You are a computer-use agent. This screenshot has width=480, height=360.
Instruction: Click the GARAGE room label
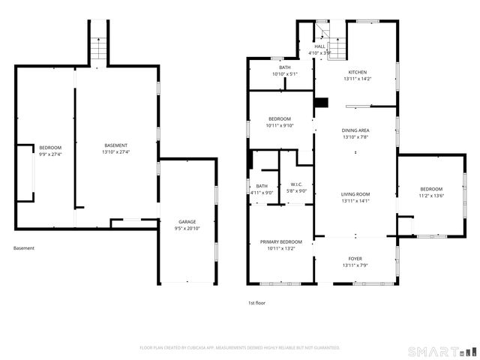pos(187,222)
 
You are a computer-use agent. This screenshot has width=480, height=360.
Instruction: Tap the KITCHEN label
pos(356,72)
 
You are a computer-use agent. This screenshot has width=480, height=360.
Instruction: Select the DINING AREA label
pos(355,130)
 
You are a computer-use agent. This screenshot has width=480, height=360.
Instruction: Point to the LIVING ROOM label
pos(355,195)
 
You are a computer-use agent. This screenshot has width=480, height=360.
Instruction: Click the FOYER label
pos(355,259)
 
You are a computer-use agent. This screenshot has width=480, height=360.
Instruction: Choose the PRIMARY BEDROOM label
pos(280,241)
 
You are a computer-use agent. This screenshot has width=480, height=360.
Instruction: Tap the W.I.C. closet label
pos(296,184)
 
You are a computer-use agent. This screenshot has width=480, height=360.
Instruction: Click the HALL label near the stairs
pos(320,46)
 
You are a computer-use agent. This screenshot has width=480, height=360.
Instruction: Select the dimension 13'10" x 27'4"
pos(115,152)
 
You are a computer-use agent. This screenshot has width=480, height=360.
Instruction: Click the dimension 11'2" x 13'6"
pos(431,196)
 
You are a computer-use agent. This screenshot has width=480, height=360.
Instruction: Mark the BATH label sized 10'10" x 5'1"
pos(285,67)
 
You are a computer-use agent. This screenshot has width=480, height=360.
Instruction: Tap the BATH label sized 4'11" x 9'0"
pos(262,186)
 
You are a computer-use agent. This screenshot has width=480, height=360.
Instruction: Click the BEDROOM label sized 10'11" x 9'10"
pos(280,119)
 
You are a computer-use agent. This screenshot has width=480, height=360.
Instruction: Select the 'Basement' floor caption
pos(23,248)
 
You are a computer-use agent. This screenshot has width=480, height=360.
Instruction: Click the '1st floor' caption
pos(256,303)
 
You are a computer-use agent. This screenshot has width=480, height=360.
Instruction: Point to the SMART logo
pos(442,351)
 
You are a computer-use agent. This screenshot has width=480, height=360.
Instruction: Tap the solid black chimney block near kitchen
pos(321,103)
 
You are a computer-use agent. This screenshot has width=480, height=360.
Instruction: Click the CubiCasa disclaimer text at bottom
pos(240,347)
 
